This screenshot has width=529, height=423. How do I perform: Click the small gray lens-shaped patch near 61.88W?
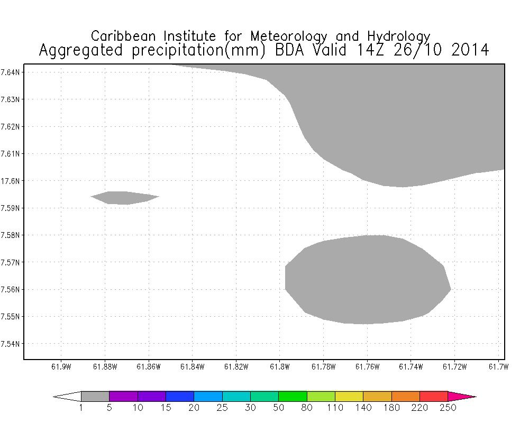point(124,198)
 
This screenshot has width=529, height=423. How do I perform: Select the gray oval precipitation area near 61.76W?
point(367,279)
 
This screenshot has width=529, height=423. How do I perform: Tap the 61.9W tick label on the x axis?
point(61,367)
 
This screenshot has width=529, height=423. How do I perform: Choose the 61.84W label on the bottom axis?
point(192,367)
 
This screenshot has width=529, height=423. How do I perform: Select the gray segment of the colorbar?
point(95,396)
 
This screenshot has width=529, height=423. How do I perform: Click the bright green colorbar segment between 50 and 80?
point(293,396)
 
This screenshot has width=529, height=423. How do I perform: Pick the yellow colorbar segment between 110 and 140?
point(377,396)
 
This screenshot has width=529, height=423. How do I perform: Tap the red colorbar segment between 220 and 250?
point(434,396)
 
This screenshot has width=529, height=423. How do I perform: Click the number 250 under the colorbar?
point(448,408)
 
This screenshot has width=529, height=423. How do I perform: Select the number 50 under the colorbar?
point(278,408)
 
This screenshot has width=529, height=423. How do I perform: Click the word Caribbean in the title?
point(125,36)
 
